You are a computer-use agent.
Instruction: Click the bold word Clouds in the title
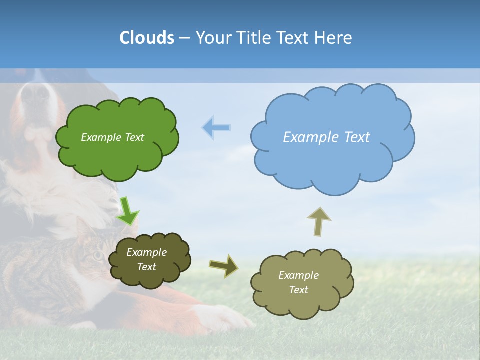[146, 38]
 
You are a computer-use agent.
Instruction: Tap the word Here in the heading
[334, 38]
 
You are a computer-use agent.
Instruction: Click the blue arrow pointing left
[216, 128]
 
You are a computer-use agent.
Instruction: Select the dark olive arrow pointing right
[224, 265]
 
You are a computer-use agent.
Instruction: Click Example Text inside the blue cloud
[326, 137]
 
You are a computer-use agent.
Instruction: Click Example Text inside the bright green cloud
[112, 137]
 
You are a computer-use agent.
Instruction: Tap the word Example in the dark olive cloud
[146, 252]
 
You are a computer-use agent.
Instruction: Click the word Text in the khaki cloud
[298, 290]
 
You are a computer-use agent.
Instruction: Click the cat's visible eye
[98, 256]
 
